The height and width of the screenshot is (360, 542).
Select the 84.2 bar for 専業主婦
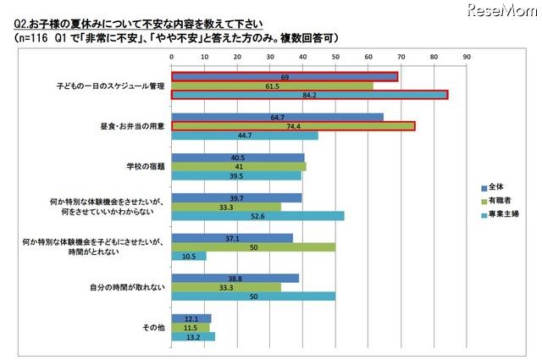coord(309,95)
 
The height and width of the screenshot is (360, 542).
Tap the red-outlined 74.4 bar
coord(293,126)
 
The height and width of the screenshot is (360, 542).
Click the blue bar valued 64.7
coord(277,116)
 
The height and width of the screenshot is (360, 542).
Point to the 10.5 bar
coord(189,256)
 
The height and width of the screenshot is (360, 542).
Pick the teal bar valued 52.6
coord(257,215)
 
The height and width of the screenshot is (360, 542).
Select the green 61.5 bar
coord(272,86)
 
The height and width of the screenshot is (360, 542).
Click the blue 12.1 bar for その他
coord(191,318)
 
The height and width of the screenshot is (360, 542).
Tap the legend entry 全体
coord(494,187)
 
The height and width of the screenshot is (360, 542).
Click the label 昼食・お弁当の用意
coord(129,126)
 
